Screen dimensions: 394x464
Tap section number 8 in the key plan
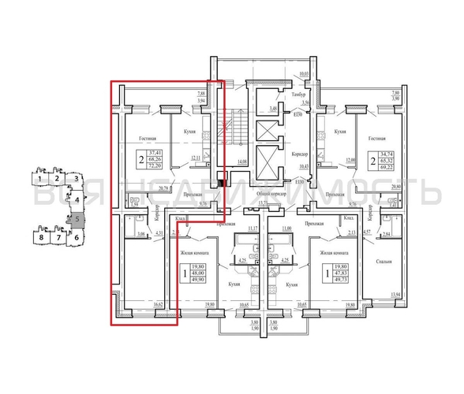[39, 236]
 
